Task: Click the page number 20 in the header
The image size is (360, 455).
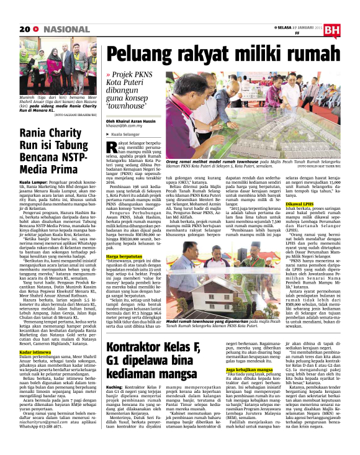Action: click(24, 29)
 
